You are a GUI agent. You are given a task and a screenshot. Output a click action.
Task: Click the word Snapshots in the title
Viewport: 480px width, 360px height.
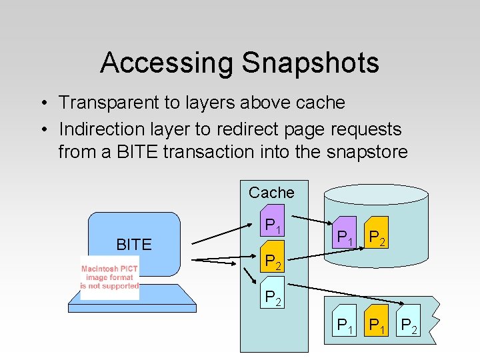point(311,63)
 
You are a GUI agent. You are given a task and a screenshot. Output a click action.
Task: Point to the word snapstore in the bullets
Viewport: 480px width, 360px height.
point(367,152)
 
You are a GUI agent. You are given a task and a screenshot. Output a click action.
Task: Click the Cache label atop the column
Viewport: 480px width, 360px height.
point(271,193)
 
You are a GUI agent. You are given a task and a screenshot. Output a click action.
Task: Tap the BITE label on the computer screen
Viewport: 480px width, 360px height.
point(134,245)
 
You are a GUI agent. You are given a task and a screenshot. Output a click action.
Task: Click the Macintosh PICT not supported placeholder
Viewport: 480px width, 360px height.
point(110,277)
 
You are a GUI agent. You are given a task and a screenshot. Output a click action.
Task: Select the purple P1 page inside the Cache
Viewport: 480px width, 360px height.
point(273,225)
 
